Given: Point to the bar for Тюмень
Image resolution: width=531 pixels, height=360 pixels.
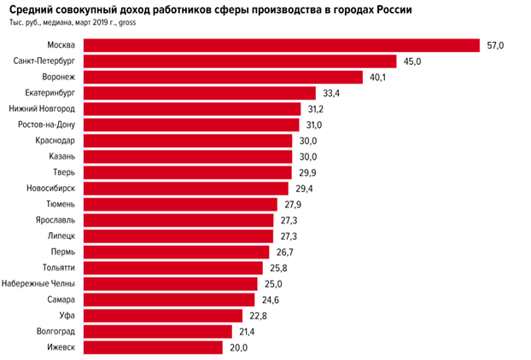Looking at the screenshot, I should tap(182, 204).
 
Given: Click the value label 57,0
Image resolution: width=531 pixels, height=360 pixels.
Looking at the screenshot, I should tap(496, 45).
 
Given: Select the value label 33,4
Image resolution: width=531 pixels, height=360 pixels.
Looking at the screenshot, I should tap(328, 93).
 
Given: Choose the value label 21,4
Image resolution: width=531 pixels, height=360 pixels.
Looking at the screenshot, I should tap(248, 331).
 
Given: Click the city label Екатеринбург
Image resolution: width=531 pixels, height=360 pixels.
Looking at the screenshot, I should tap(48, 93).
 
